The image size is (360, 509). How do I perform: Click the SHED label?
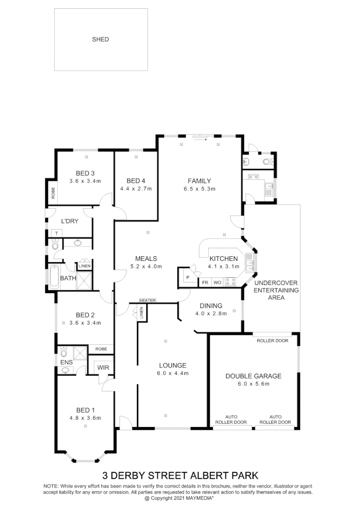tap(100, 39)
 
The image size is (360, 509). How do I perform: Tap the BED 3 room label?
tap(85, 173)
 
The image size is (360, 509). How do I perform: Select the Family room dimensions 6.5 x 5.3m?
tap(199, 189)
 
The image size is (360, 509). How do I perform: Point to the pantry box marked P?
tap(187, 278)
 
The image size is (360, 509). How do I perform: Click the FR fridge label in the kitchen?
tap(205, 283)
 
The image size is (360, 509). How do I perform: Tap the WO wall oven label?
tap(217, 283)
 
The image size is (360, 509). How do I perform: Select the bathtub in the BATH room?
tap(53, 277)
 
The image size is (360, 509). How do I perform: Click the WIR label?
tap(103, 367)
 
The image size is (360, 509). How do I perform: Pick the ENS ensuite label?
tap(66, 363)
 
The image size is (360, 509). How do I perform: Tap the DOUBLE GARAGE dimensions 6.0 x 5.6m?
tap(253, 384)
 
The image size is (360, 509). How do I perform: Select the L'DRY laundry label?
tap(70, 221)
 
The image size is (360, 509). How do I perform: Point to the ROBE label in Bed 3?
tap(53, 193)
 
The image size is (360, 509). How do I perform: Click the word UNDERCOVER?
tap(276, 283)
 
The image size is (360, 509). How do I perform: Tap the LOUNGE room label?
tap(173, 366)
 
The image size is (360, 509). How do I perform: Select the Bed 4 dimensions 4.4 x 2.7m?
tap(136, 189)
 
